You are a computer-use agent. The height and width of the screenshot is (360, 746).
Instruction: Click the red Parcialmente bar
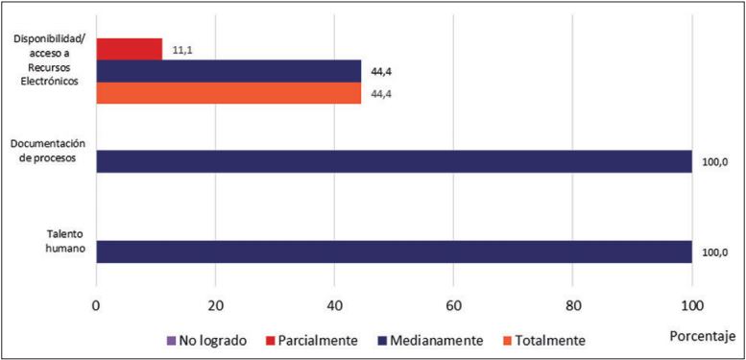[x=129, y=48]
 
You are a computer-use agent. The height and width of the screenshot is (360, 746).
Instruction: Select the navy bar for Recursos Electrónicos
[x=229, y=71]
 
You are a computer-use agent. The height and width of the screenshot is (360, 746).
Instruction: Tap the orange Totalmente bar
[x=229, y=93]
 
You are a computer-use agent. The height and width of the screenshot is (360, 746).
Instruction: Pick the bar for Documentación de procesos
[x=394, y=161]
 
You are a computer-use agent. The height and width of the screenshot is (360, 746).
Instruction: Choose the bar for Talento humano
[x=394, y=252]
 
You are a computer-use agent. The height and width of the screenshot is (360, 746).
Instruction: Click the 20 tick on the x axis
[x=215, y=306]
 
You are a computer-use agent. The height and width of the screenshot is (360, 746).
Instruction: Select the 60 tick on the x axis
[x=453, y=306]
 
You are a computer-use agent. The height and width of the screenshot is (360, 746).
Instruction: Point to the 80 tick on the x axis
[x=572, y=306]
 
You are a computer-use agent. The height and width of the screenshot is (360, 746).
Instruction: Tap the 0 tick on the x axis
[x=96, y=306]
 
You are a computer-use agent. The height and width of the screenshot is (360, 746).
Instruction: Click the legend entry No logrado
[x=207, y=339]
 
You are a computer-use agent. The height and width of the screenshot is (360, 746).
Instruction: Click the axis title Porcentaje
[x=703, y=335]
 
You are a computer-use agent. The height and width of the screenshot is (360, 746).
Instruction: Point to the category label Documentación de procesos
[x=51, y=149]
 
